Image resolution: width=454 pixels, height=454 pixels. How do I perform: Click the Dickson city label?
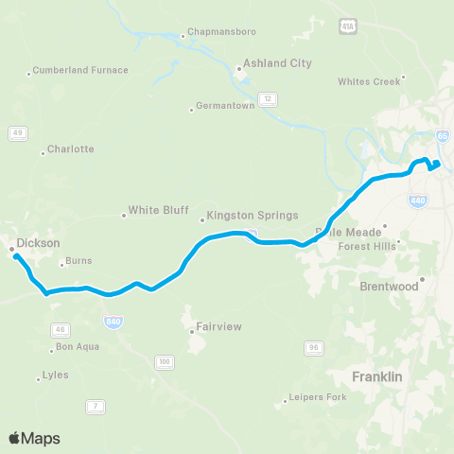[x=38, y=243]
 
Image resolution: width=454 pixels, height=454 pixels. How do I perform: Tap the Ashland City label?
[x=277, y=63]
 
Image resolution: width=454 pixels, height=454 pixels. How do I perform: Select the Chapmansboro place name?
[x=219, y=30]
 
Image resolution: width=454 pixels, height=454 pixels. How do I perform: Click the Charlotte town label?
[x=71, y=149]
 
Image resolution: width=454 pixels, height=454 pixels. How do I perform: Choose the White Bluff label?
[x=158, y=211]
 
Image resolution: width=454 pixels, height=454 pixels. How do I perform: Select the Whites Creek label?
[x=369, y=81]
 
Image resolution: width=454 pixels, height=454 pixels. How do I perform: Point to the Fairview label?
[x=218, y=327]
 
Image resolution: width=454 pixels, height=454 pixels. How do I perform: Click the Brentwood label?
[x=389, y=286]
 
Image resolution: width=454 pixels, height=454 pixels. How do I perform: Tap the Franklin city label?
[x=377, y=376]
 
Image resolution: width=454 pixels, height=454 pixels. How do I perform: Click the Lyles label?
[x=56, y=375]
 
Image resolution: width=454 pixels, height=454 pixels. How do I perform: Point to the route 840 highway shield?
[x=114, y=321]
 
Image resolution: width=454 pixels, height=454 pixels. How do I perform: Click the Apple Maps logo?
[x=34, y=438]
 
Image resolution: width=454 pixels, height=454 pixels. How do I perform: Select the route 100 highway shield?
[x=165, y=361]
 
